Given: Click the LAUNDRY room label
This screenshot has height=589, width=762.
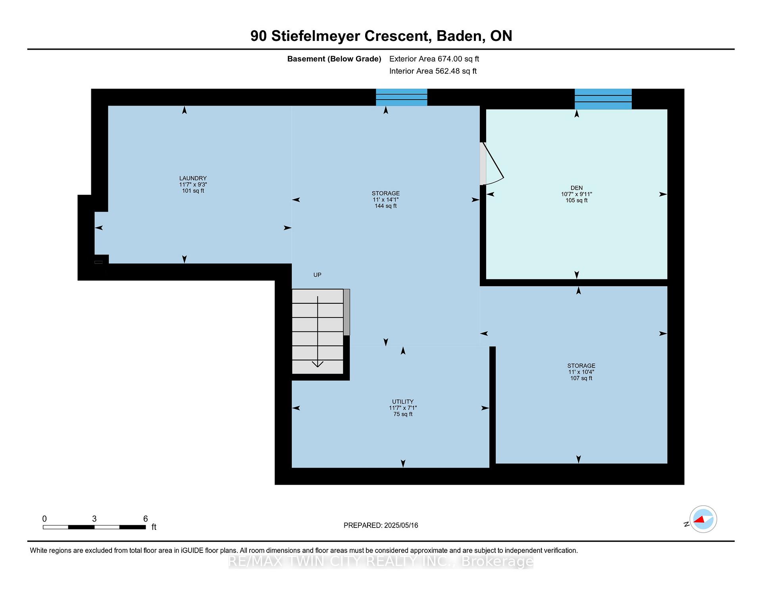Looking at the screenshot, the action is point(193,178).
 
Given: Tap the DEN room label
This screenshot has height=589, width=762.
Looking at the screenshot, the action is point(577,188).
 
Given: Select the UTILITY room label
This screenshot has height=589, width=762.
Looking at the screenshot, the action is point(403,402).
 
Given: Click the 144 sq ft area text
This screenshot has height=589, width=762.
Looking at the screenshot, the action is point(386,206).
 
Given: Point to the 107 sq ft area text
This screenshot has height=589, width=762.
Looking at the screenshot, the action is point(581,378).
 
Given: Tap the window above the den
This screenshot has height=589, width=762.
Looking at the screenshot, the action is point(603,99).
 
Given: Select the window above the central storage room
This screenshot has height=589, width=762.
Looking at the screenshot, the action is point(402,97).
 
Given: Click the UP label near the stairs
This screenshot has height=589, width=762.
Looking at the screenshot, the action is point(317,275).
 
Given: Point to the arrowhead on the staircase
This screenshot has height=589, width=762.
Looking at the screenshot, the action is point(317,364).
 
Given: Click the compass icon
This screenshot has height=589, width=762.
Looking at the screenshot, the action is point(703,519).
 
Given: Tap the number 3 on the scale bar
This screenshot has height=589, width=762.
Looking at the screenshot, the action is point(94,519).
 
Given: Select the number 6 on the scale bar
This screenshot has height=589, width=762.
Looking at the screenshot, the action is point(146,519).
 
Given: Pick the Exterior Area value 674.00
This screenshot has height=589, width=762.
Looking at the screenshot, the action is point(450,59).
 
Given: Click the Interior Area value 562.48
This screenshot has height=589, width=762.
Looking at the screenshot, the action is point(448,71).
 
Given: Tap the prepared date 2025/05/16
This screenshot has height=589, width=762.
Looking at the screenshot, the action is point(401,525).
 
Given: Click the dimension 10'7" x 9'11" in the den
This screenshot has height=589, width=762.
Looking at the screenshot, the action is point(577,194).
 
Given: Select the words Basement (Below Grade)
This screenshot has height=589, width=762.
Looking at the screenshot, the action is point(334,59).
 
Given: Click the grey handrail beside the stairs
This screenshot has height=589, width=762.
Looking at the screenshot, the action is point(346,312).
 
